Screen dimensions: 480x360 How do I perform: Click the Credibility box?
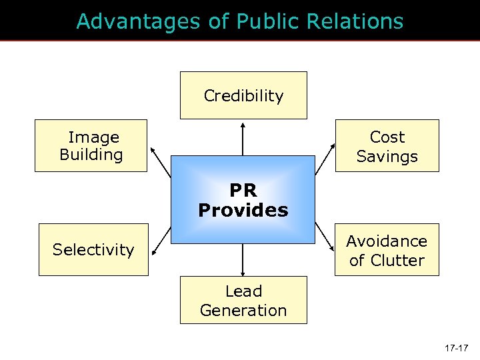[243, 95]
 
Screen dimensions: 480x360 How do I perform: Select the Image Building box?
[91, 146]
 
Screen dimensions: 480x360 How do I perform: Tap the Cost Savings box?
[387, 146]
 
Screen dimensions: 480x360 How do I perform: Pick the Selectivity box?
[93, 249]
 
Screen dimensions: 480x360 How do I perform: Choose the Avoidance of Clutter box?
[387, 250]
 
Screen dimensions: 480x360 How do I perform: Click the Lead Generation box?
[243, 301]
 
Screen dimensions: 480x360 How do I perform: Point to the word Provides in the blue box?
[243, 211]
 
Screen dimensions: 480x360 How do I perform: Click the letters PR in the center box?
[243, 191]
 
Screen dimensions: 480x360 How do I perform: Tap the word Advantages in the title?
[137, 21]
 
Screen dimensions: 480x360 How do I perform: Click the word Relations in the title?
[355, 21]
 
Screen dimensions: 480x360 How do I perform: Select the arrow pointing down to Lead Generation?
[243, 260]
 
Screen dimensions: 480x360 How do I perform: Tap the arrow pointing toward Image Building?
[161, 160]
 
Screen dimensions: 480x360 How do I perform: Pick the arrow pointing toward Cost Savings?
[325, 161]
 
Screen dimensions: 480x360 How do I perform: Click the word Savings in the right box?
[387, 157]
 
